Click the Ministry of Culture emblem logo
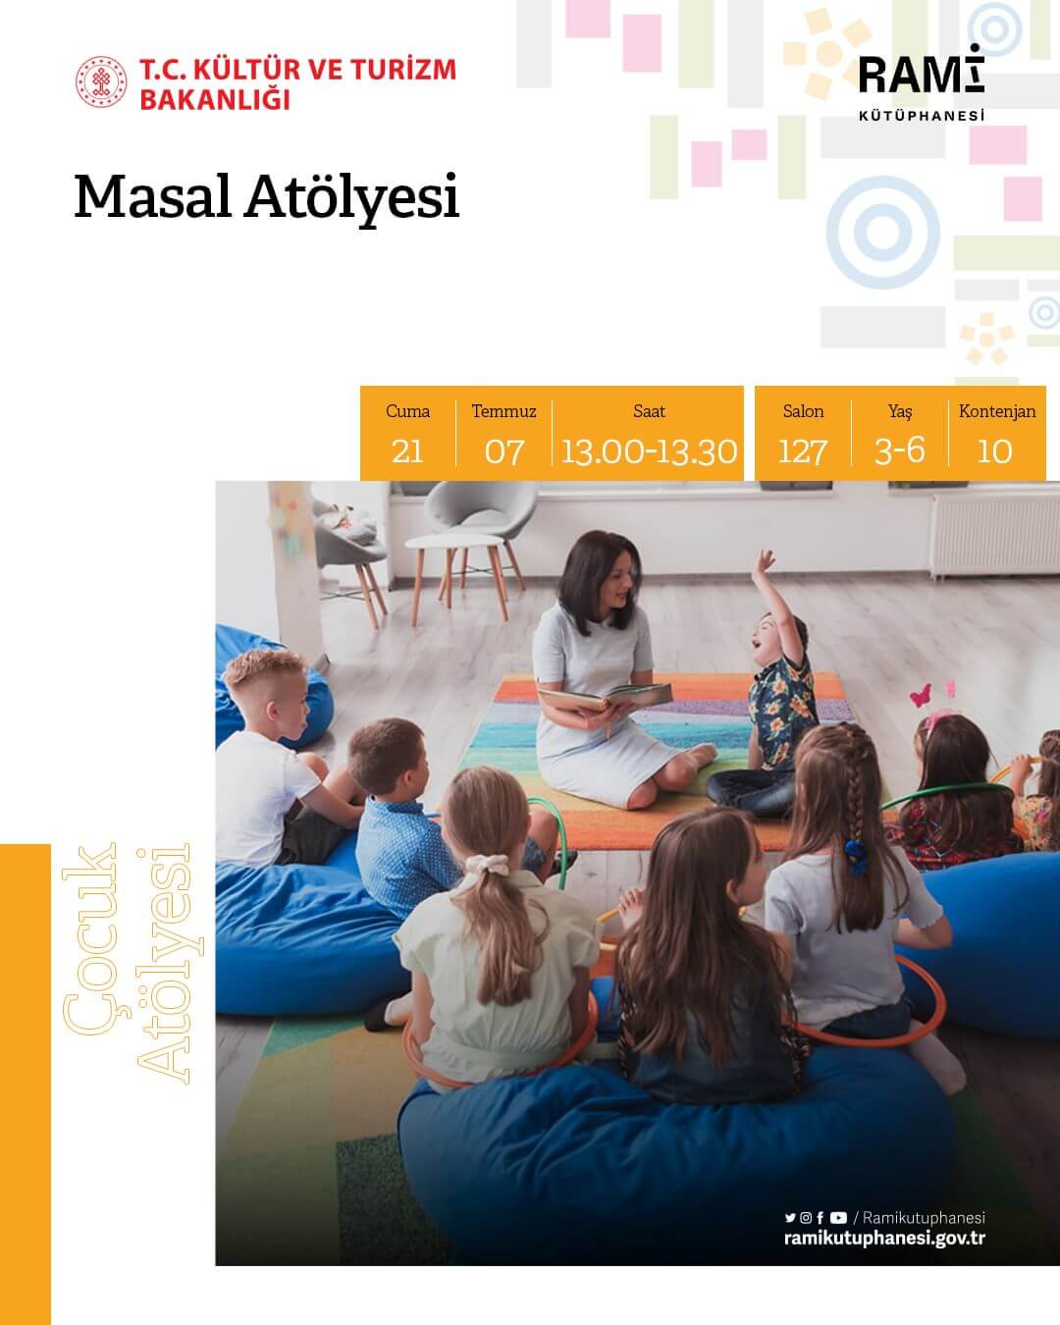(x=102, y=83)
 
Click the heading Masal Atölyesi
(x=267, y=197)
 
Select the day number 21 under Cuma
(x=407, y=450)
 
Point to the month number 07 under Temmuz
(x=504, y=450)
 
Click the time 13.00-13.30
(x=649, y=450)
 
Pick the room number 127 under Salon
(x=802, y=450)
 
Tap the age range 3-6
(x=899, y=450)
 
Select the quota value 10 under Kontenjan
(x=995, y=450)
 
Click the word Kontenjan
(x=997, y=411)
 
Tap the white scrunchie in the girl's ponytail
(x=488, y=867)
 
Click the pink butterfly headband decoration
(x=921, y=695)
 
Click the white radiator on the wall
(x=992, y=534)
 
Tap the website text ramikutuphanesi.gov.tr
(x=884, y=1238)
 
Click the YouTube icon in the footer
(x=837, y=1218)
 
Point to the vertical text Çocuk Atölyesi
(x=126, y=962)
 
